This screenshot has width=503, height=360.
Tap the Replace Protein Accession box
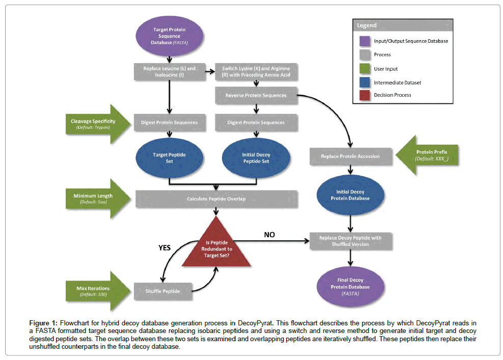(350, 156)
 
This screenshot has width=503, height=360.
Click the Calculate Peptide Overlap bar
(216, 199)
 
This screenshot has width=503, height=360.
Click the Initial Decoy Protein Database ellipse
(350, 195)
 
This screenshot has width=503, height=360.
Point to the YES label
(164, 248)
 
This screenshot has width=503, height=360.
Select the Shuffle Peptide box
(163, 291)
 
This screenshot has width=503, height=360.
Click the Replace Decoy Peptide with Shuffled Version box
(350, 241)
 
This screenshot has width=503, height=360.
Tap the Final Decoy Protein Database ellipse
(350, 287)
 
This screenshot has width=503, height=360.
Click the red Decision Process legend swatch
(364, 95)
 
